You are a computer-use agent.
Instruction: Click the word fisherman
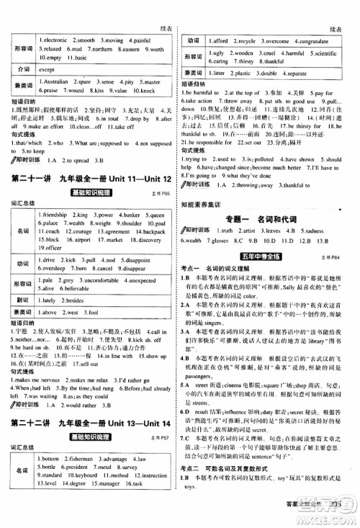(x=88, y=458)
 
